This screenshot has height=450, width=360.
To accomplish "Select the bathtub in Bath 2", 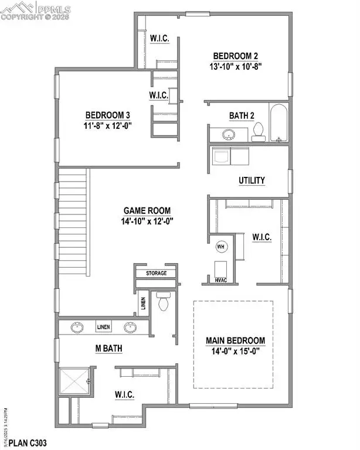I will pyautogui.click(x=277, y=123).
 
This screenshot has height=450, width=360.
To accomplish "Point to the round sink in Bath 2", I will pyautogui.click(x=228, y=135).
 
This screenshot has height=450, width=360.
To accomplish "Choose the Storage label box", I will pyautogui.click(x=156, y=273).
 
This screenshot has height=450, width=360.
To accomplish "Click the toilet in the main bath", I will pyautogui.click(x=163, y=302).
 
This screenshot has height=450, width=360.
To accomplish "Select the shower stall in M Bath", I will pyautogui.click(x=74, y=381).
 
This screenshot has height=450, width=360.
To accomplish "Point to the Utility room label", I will pyautogui.click(x=252, y=180).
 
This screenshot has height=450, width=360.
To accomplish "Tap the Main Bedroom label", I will pyautogui.click(x=235, y=340).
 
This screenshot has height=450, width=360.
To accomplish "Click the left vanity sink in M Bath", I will pyautogui.click(x=76, y=328).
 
